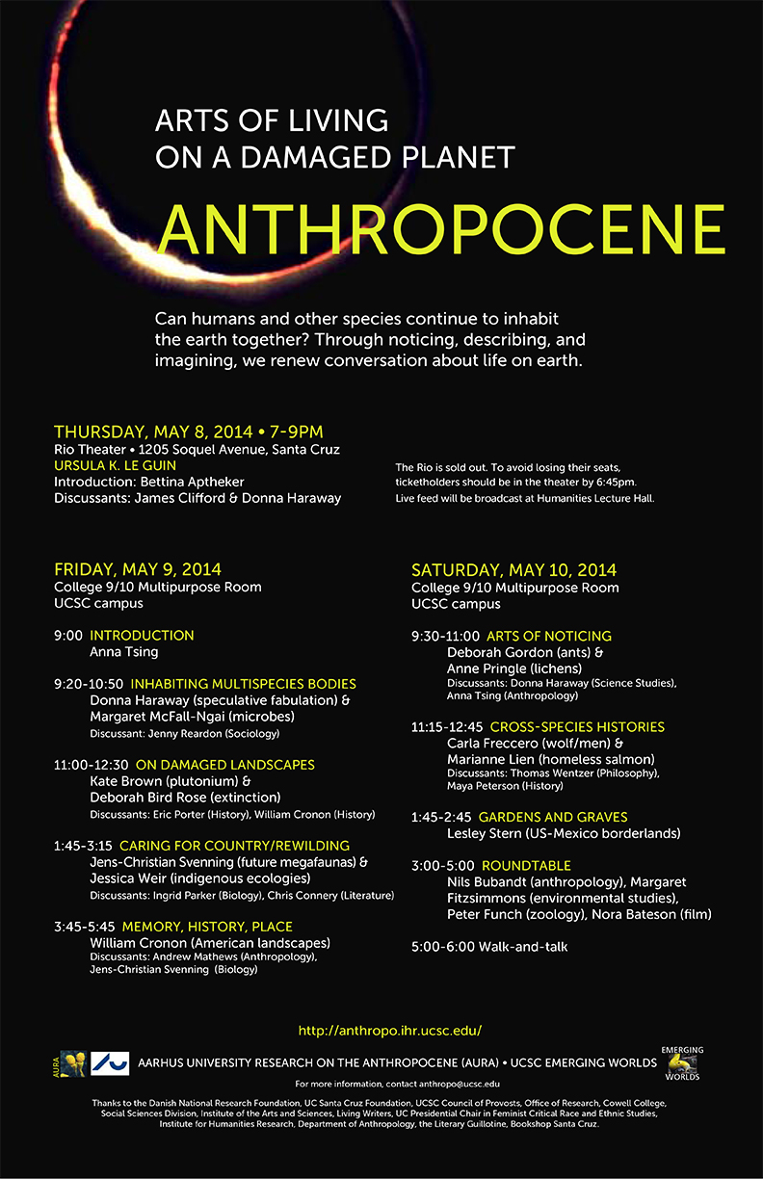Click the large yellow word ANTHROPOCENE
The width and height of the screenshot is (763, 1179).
[x=440, y=228]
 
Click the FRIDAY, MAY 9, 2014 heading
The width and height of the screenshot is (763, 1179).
[x=138, y=569]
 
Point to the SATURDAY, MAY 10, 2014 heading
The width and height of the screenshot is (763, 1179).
[x=513, y=569]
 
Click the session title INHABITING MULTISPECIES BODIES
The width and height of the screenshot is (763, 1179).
[x=223, y=684]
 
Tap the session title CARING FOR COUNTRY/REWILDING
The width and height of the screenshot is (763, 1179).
[x=234, y=845]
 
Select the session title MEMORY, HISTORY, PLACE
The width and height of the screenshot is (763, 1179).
[x=207, y=927]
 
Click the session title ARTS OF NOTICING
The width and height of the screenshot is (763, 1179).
[x=549, y=636]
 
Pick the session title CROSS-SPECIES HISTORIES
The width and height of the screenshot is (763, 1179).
[x=577, y=726]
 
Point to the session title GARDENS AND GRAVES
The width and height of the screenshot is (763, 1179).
[x=553, y=817]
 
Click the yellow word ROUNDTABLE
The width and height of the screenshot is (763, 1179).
[x=526, y=865]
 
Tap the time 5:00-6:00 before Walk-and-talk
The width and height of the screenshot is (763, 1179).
[x=442, y=947]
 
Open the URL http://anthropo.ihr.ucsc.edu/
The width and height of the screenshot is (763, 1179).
[x=389, y=1031]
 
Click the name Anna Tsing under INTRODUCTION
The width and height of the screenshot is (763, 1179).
[x=123, y=651]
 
